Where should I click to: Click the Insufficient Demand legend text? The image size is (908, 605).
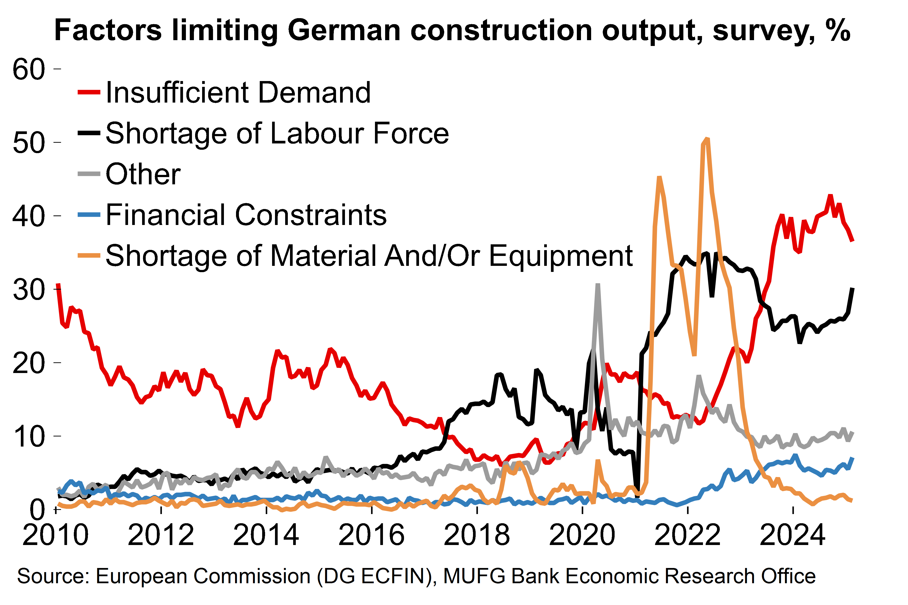pos(238,93)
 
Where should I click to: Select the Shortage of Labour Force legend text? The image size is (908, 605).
pos(277,134)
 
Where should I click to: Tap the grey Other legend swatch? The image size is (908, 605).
pos(89,174)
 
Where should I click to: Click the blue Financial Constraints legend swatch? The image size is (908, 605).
pos(89,215)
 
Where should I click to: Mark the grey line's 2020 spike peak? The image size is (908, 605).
pos(598,285)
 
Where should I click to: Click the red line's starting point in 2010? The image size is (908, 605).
pos(58,285)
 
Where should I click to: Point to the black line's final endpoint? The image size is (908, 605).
pos(852,289)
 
